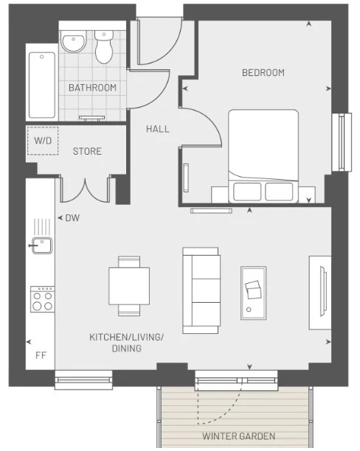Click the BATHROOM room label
[92, 88]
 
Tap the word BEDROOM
[263, 72]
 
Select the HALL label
[158, 129]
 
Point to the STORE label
[87, 151]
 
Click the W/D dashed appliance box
[43, 141]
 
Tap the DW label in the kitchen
[72, 217]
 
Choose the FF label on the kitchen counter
[41, 355]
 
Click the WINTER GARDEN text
[238, 436]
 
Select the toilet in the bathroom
[104, 47]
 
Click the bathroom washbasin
[74, 42]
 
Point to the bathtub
[42, 85]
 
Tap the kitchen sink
[42, 245]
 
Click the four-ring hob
[42, 299]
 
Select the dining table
[129, 286]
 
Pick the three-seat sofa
[201, 290]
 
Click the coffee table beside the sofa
[254, 293]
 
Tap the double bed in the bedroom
[263, 156]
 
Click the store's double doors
[86, 190]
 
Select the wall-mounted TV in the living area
[323, 291]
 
